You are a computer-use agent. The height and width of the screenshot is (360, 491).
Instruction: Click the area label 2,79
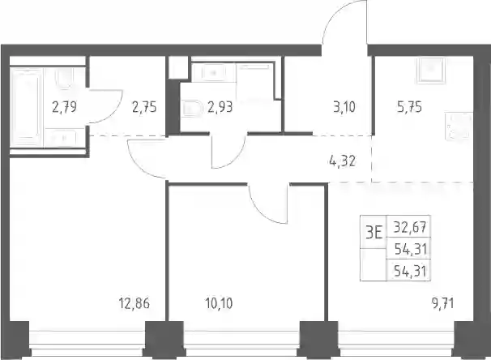[x=64, y=107]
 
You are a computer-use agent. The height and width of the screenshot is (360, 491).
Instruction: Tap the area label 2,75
[x=144, y=107]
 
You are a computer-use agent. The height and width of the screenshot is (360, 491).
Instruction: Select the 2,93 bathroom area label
[x=220, y=107]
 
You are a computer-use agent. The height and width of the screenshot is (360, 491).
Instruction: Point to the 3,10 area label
[x=344, y=107]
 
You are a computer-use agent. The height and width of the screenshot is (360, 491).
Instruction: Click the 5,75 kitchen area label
[x=410, y=107]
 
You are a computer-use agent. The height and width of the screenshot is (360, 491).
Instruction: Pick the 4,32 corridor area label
[x=342, y=161]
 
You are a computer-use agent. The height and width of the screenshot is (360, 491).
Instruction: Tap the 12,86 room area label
[x=134, y=303]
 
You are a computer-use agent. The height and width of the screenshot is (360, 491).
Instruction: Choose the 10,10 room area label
[x=219, y=303]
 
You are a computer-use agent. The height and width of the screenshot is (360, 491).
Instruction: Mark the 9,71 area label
[x=442, y=303]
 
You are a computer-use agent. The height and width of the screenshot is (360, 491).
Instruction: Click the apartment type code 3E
[x=374, y=233]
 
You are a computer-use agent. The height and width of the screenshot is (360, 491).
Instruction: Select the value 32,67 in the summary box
[x=410, y=227]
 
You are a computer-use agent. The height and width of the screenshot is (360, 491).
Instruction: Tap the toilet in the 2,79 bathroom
[x=65, y=78]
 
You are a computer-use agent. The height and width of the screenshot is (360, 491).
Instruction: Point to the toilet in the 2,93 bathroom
[x=192, y=109]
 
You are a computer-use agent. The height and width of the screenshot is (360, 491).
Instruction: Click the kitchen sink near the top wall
[x=431, y=71]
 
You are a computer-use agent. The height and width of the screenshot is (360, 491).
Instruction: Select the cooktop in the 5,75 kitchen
[x=459, y=126]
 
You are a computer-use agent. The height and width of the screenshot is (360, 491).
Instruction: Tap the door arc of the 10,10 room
[x=263, y=213]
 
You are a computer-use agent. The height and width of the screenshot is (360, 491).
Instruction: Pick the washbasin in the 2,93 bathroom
[x=213, y=73]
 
